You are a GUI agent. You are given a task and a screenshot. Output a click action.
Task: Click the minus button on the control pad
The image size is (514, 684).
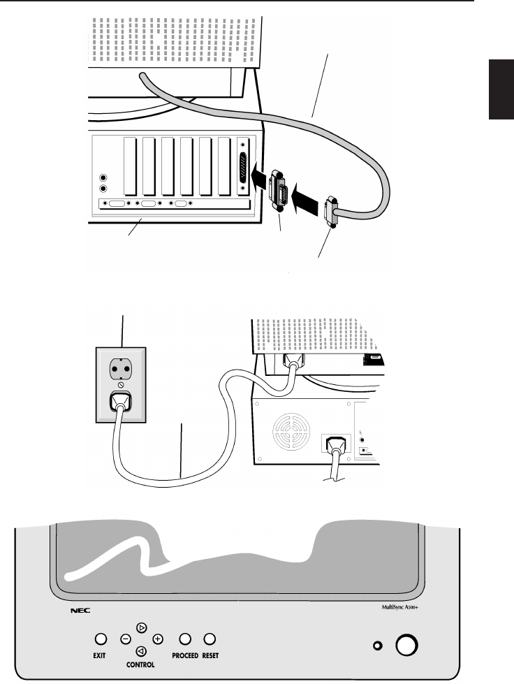126,639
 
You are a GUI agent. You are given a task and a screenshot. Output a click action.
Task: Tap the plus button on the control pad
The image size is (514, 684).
158,639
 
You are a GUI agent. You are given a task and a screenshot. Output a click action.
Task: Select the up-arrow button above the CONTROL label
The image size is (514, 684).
142,627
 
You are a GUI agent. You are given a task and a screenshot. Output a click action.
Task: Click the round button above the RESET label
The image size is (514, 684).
210,639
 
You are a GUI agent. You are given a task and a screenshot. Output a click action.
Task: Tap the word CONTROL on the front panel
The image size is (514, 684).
141,665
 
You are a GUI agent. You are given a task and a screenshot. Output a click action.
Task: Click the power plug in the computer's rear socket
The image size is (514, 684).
335,446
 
